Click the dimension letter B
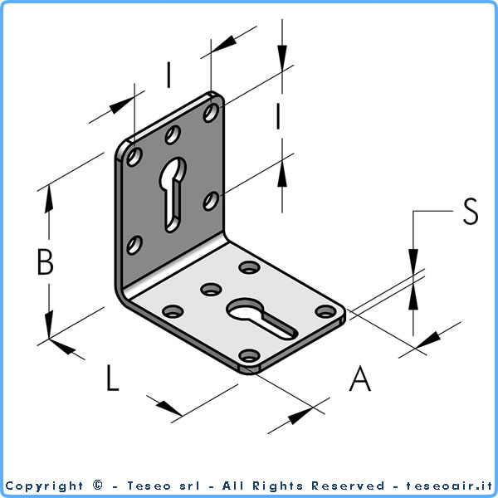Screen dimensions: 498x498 click(45, 261)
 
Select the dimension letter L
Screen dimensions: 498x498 click(113, 378)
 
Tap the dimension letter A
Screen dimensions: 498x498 click(360, 378)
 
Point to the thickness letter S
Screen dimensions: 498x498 click(471, 211)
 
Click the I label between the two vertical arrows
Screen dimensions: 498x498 click(278, 116)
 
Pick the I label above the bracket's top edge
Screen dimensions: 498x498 click(169, 75)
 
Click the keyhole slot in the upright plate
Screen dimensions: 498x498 click(173, 194)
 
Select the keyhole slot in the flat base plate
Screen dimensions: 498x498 click(262, 319)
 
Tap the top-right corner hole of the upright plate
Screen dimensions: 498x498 click(211, 112)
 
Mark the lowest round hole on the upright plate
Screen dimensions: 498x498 click(134, 245)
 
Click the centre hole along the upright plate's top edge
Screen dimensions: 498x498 click(173, 134)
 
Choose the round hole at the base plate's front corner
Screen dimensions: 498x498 click(250, 355)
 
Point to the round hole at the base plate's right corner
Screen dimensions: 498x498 click(326, 311)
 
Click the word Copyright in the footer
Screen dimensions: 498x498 click(44, 486)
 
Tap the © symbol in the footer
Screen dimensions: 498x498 click(98, 486)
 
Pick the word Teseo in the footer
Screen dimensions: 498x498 click(149, 486)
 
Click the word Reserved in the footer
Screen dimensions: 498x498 click(348, 486)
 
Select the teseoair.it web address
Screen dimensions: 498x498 click(449, 486)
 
